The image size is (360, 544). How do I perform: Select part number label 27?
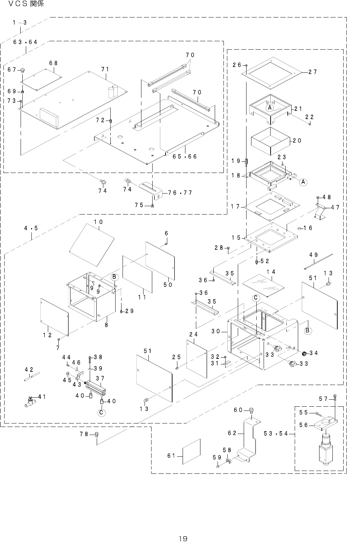(x=313, y=72)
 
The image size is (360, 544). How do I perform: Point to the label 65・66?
(x=185, y=157)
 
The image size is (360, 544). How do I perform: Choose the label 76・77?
(x=180, y=193)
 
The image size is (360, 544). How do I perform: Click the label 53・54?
(x=276, y=434)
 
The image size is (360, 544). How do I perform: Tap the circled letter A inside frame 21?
(x=270, y=108)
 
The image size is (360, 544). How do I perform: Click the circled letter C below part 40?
(x=101, y=413)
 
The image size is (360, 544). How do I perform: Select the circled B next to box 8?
(x=114, y=277)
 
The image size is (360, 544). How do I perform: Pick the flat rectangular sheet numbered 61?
(x=191, y=451)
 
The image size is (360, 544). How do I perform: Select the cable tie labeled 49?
(x=318, y=262)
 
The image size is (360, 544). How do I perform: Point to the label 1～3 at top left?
(x=20, y=23)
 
